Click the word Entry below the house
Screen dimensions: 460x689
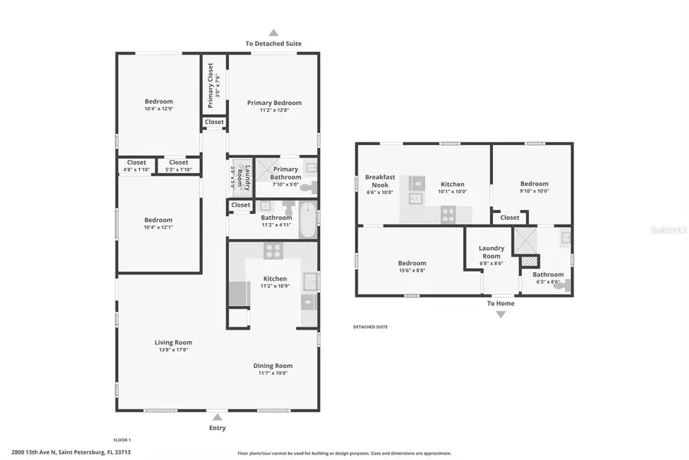click(x=217, y=428)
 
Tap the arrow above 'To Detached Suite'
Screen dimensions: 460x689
click(x=273, y=32)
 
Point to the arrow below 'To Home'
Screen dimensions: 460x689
click(x=501, y=314)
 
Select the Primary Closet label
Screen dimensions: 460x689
click(x=211, y=85)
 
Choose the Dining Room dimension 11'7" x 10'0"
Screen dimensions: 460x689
click(x=273, y=373)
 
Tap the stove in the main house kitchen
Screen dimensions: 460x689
click(x=273, y=250)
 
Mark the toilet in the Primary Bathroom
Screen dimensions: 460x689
click(x=306, y=186)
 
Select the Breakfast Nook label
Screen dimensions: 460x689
click(x=380, y=181)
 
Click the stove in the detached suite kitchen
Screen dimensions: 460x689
click(x=448, y=214)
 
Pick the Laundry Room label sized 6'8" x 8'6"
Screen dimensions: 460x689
click(x=491, y=251)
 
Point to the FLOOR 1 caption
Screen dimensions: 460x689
click(x=122, y=440)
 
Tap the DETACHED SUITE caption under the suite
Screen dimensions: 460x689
click(x=370, y=327)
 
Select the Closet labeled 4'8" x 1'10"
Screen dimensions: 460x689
click(x=136, y=163)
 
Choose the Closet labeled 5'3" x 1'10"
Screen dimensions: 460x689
click(x=178, y=163)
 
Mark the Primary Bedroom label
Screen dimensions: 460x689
click(x=274, y=103)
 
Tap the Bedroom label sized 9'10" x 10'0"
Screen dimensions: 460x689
click(x=534, y=184)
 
